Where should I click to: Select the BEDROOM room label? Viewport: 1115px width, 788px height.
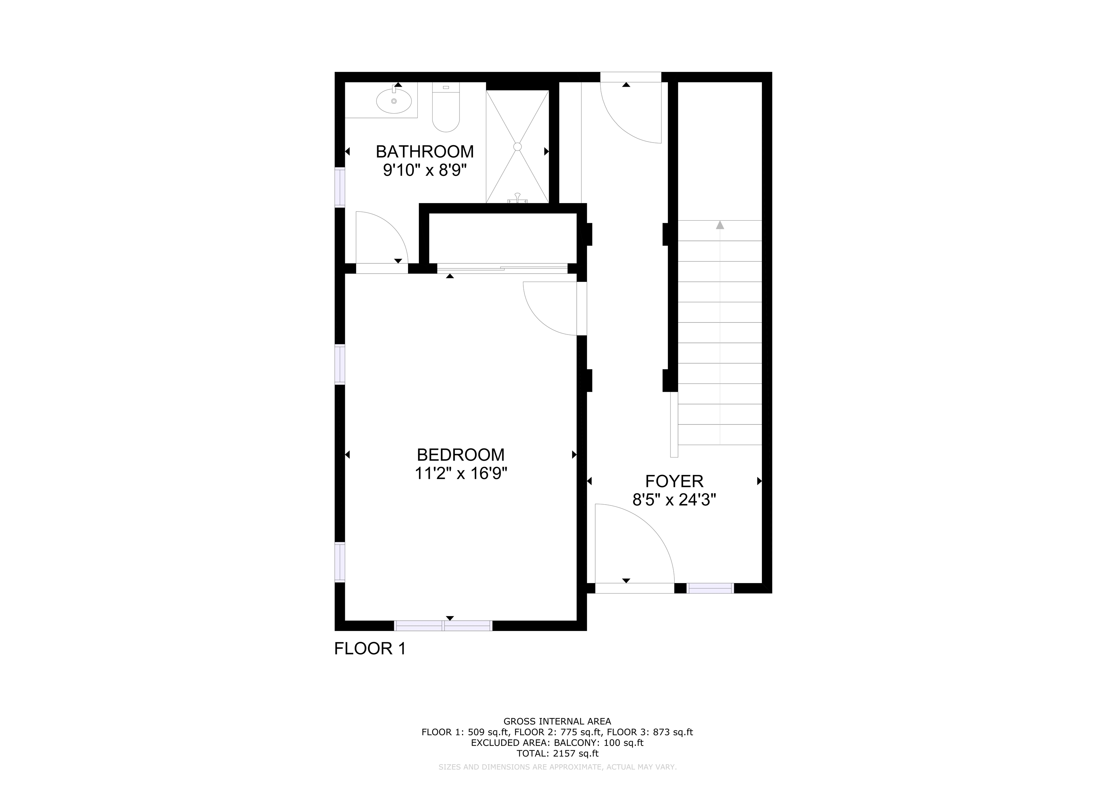pos(460,455)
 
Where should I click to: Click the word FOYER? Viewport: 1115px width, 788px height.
pos(674,481)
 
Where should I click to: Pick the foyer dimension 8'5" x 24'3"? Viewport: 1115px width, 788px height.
pos(674,500)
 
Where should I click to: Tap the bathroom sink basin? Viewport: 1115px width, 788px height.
pos(394,101)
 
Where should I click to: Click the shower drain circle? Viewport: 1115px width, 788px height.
pos(517,146)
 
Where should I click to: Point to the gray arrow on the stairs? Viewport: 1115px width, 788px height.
pos(720,225)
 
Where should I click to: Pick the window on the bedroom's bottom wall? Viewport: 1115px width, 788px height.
pos(443,625)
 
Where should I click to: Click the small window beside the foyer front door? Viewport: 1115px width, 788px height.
pos(710,588)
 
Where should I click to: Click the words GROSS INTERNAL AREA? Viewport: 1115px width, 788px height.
pos(557,722)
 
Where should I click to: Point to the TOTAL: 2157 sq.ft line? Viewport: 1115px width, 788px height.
pos(557,754)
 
